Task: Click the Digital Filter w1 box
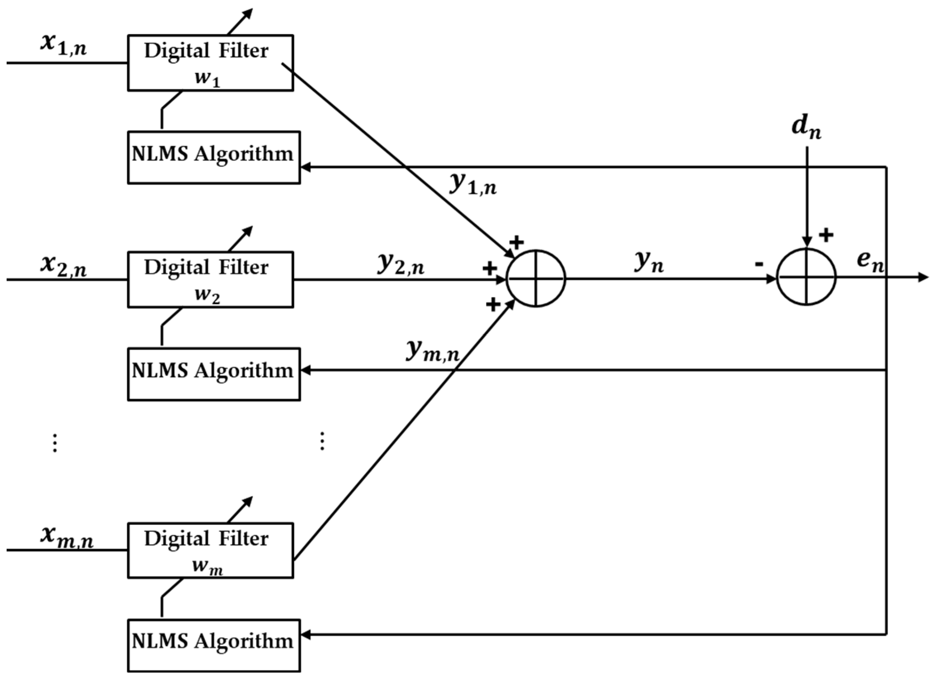(x=210, y=63)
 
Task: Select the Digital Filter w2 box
(x=210, y=279)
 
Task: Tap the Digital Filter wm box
(x=210, y=550)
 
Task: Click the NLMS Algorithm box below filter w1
(x=214, y=157)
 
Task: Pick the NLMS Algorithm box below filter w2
(x=214, y=374)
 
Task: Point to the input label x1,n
(x=64, y=45)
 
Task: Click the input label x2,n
(x=64, y=266)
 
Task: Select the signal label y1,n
(x=473, y=184)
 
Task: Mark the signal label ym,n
(x=432, y=352)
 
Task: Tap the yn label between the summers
(x=649, y=263)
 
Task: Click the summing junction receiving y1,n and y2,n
(x=536, y=278)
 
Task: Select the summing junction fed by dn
(x=806, y=277)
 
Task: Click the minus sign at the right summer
(x=759, y=265)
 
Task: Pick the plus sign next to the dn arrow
(x=826, y=235)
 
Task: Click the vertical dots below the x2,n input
(x=54, y=443)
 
